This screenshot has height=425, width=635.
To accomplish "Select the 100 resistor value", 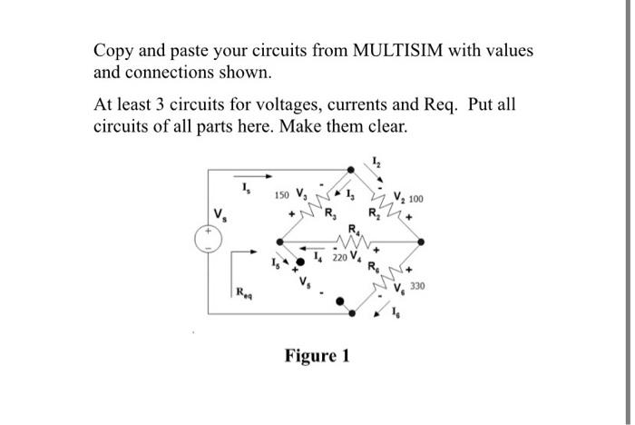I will point(416,199).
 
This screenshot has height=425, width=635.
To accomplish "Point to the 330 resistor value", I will point(417,286).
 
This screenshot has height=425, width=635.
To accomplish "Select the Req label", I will point(242,293).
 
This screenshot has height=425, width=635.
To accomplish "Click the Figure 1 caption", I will point(316,355).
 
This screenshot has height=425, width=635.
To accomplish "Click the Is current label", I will point(244,188).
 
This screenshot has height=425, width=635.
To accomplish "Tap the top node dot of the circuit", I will point(354,169).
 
